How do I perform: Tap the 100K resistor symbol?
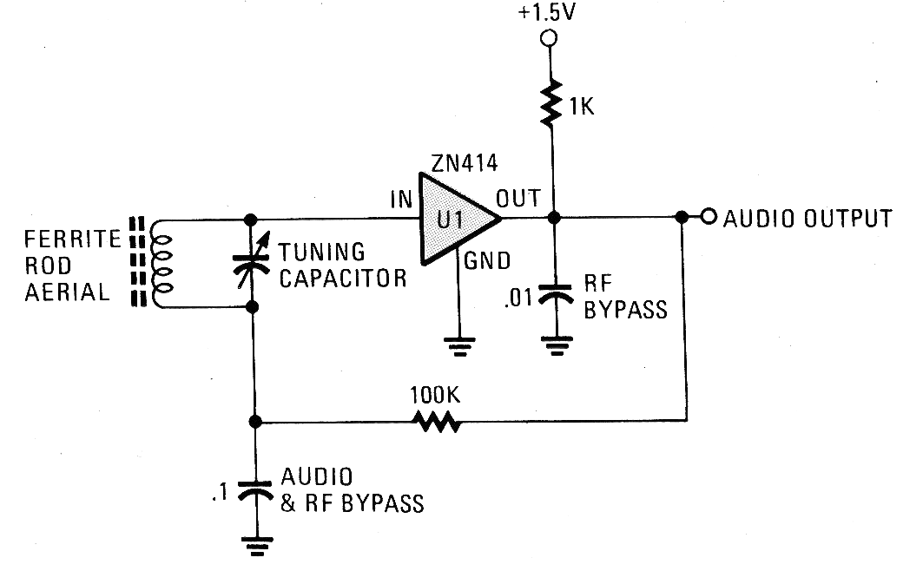pos(437,423)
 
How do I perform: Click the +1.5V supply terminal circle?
pos(549,38)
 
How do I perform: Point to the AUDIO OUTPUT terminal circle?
pos(709,216)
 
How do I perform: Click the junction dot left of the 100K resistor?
pos(255,423)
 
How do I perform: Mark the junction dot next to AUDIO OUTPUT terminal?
pos(683,216)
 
